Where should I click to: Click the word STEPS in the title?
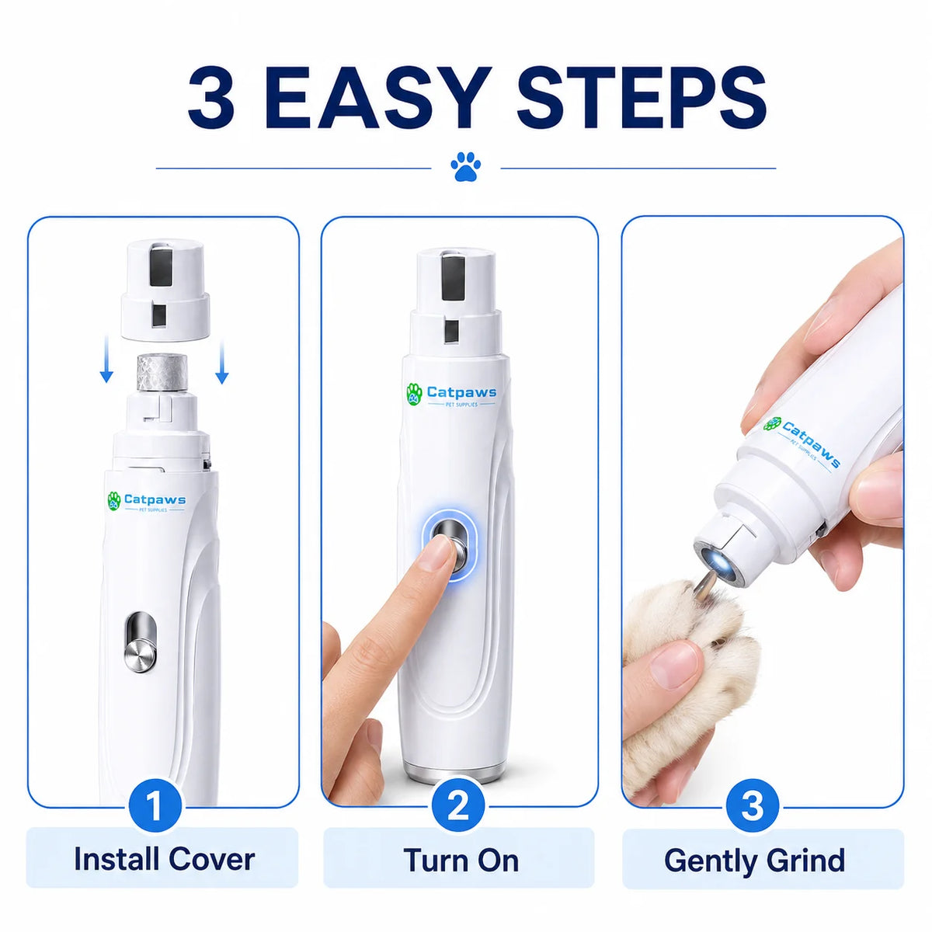tap(641, 97)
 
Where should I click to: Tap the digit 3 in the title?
tap(211, 97)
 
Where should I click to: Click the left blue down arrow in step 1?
tap(106, 361)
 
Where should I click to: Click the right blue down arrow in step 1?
tap(222, 361)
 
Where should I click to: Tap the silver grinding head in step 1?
tap(162, 373)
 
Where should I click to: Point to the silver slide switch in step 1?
tap(138, 643)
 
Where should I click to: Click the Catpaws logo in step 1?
tap(146, 502)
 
